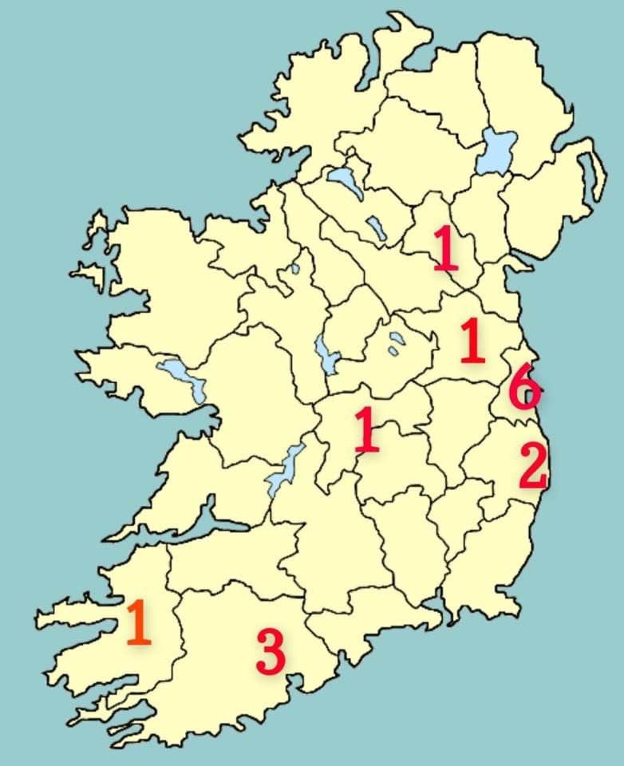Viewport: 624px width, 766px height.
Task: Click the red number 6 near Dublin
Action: click(x=524, y=387)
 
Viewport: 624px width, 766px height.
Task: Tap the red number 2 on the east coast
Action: click(x=533, y=467)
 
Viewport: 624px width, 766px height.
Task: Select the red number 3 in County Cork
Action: click(x=271, y=651)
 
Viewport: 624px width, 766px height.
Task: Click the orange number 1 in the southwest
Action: click(x=137, y=623)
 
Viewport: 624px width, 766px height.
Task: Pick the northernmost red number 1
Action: click(x=446, y=248)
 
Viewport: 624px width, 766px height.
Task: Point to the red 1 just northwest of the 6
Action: click(x=472, y=342)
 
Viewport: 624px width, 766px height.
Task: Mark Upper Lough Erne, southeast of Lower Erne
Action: click(x=376, y=229)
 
